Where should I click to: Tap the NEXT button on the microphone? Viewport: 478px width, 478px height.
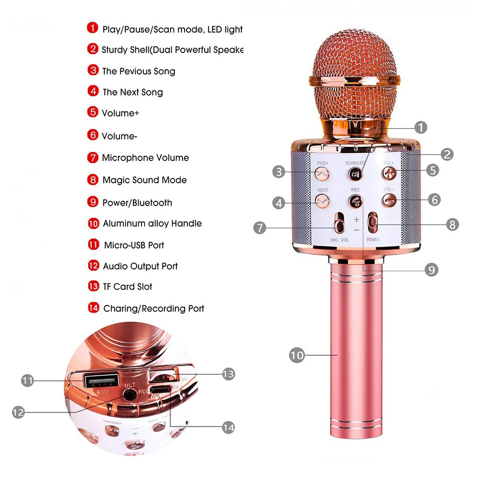pos(321,201)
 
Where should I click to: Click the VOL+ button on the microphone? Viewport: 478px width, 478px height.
pos(389,173)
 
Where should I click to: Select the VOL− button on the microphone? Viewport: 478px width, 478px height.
pos(390,200)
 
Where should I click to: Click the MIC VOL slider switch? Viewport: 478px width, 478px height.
pos(339,224)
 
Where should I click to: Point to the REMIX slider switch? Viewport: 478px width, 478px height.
pos(372,223)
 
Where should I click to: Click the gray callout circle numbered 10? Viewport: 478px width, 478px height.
pos(296,355)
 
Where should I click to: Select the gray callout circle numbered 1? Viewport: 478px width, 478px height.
pos(420,127)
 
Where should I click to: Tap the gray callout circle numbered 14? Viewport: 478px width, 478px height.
pos(228,428)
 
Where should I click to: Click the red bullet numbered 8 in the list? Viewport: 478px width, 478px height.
pos(92,180)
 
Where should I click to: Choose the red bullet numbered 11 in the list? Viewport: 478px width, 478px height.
pos(93,245)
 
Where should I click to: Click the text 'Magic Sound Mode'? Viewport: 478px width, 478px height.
pos(144,180)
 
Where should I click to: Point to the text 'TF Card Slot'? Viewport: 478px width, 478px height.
pos(127,287)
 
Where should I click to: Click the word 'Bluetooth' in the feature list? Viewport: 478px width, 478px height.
pos(152,203)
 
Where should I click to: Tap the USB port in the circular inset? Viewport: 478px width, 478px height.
pos(101,380)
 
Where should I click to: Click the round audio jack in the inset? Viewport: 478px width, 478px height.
pos(129,395)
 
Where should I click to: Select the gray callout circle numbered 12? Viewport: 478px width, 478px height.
pos(18,413)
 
